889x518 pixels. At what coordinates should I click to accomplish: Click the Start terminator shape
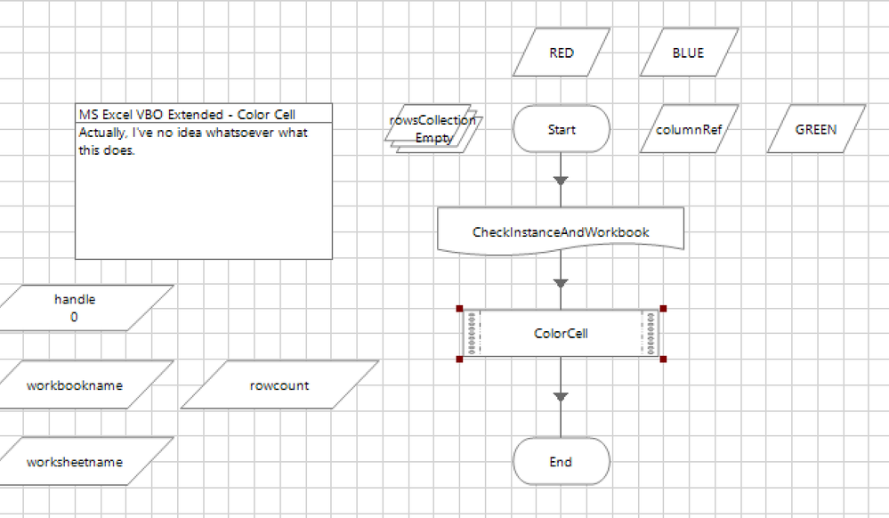click(x=562, y=130)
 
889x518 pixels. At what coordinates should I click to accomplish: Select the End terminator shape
click(x=562, y=462)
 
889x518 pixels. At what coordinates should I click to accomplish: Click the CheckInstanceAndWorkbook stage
click(x=561, y=231)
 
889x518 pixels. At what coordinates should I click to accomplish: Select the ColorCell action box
click(x=561, y=334)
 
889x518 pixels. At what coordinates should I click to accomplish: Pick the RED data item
click(x=562, y=53)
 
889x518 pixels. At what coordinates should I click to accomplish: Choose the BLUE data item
click(x=688, y=53)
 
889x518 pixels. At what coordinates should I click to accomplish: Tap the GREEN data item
click(x=816, y=130)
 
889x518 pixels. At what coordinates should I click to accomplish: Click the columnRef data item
click(x=688, y=130)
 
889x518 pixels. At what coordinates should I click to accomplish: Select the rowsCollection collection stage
click(x=432, y=129)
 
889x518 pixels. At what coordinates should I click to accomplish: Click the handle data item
click(x=75, y=308)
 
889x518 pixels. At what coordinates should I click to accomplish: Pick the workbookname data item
click(x=75, y=385)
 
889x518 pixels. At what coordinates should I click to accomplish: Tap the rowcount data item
click(x=279, y=385)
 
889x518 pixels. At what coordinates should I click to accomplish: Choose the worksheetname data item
click(x=75, y=462)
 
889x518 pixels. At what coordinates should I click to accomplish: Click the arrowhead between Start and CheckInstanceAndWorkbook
click(x=561, y=181)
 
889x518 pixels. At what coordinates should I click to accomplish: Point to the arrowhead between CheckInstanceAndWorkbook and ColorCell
click(x=561, y=283)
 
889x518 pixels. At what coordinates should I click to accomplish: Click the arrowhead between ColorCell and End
click(x=561, y=396)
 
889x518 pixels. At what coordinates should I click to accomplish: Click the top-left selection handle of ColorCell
click(x=460, y=309)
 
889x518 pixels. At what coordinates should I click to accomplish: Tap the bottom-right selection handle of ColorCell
click(x=663, y=359)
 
